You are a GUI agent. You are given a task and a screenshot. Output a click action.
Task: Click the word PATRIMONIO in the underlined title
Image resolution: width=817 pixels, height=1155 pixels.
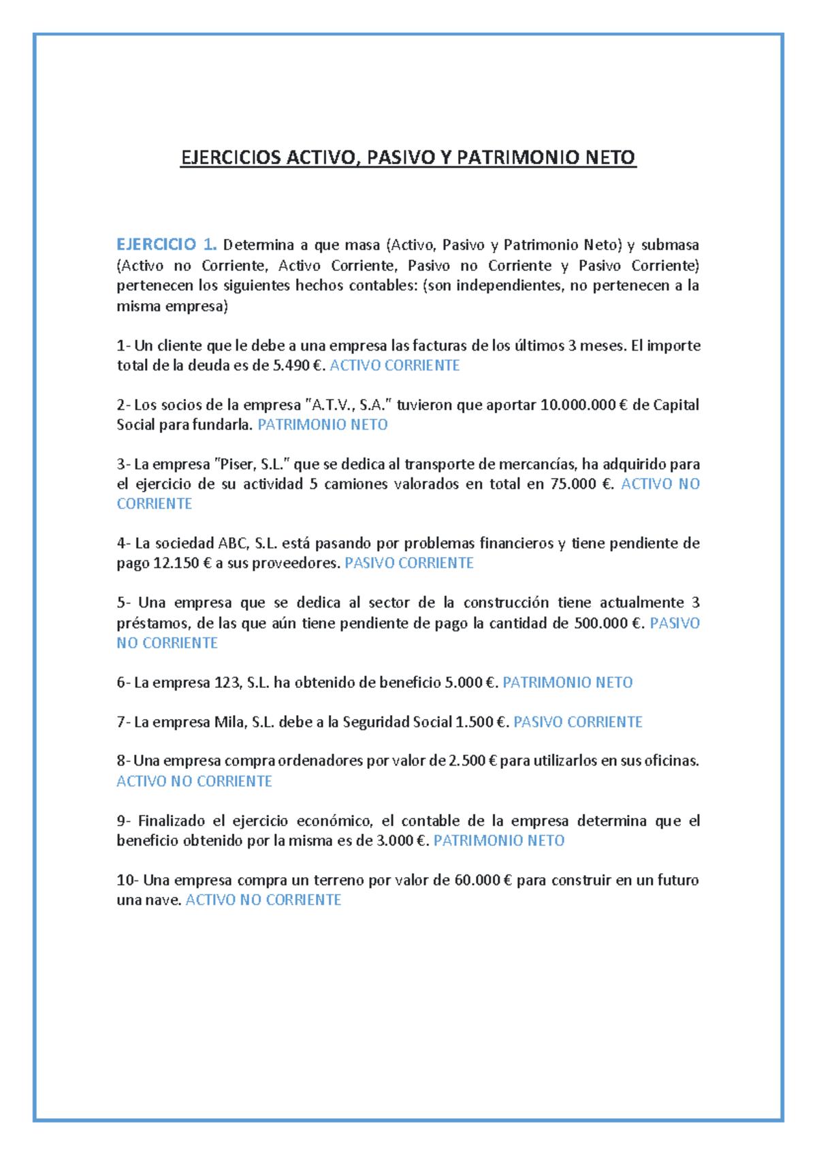click(514, 158)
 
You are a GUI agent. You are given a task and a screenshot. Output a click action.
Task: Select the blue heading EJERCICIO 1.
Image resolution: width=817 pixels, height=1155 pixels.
click(166, 244)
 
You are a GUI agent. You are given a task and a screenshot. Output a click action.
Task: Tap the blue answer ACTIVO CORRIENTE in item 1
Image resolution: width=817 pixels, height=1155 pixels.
click(395, 366)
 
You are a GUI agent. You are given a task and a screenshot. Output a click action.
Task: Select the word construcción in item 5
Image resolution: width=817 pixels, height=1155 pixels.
click(506, 603)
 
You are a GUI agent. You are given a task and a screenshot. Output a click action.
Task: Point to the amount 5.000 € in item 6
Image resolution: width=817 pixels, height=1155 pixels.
click(470, 682)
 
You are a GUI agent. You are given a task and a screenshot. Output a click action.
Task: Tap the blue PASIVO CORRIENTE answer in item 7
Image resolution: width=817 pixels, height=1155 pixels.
click(578, 722)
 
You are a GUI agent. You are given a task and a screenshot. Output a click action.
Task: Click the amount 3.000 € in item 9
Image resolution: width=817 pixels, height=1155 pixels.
click(402, 840)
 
